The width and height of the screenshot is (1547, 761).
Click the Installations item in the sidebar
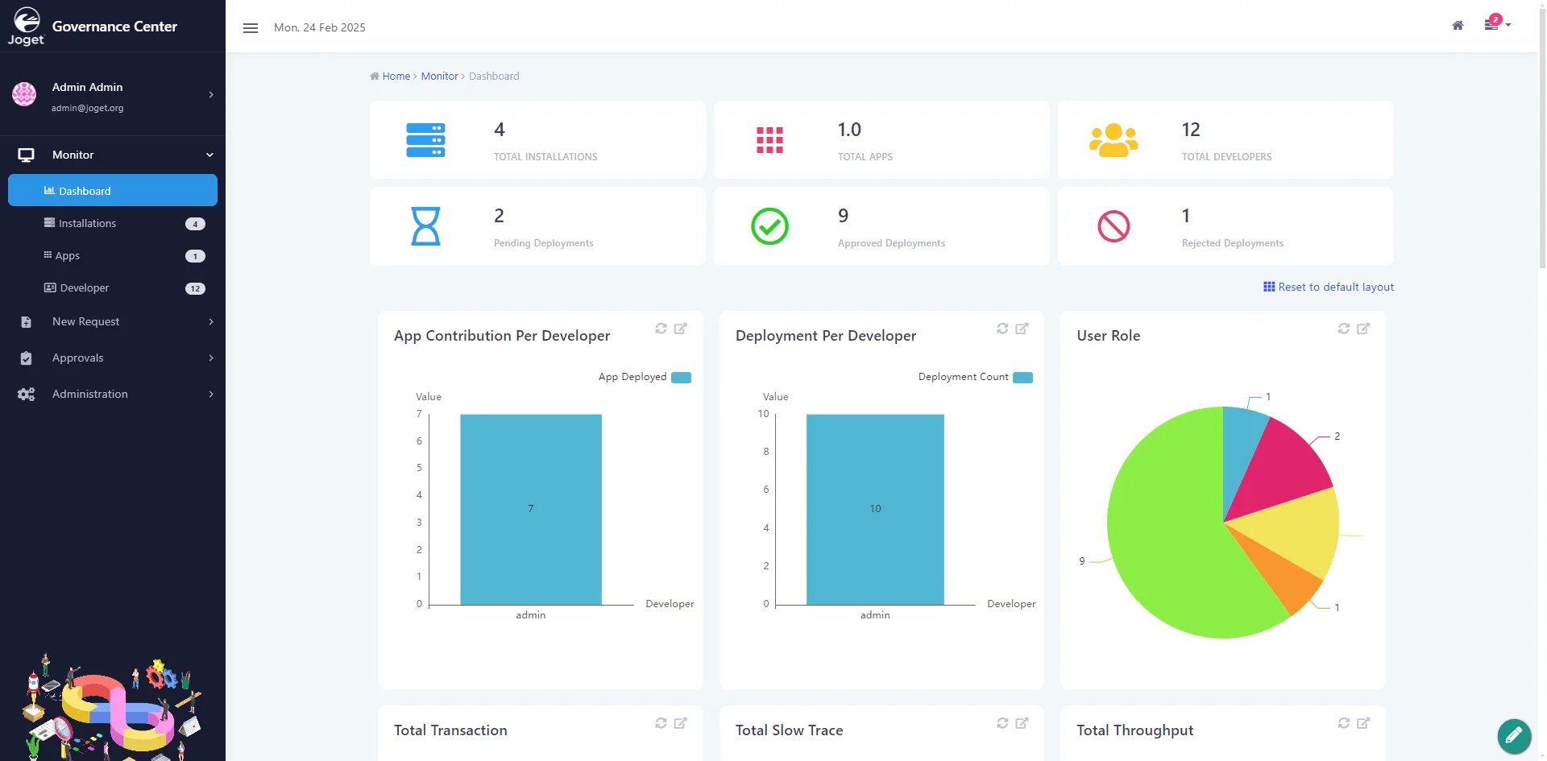87,223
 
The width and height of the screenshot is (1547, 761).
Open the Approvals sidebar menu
77,358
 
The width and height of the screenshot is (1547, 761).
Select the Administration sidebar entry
89,394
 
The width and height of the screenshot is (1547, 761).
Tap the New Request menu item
85,321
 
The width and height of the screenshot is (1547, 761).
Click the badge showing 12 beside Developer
195,288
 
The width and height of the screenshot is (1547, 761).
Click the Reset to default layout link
1329,287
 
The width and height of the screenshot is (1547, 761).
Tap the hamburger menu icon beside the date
251,28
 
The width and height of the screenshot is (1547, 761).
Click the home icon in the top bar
1458,26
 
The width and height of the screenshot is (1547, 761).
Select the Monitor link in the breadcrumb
439,76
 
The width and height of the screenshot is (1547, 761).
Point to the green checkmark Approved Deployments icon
769,226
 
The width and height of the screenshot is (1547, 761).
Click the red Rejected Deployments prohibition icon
1114,226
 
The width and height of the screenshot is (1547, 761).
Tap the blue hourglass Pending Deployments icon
425,226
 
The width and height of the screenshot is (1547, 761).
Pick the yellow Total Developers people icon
1114,140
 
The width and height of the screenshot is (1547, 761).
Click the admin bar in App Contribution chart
531,509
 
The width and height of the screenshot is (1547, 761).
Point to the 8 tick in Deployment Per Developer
766,452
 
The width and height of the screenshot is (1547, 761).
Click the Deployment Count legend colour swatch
1022,378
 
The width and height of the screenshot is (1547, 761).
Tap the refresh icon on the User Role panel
1343,329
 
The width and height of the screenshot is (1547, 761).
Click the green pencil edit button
1514,735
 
